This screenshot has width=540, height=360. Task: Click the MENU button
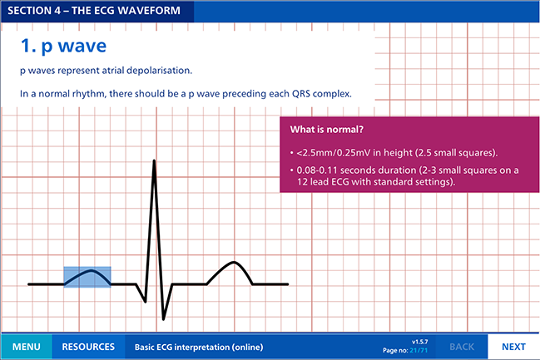point(27,347)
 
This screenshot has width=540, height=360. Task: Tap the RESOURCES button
point(88,347)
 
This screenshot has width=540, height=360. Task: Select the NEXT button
point(513,347)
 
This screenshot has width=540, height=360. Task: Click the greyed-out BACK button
point(462,347)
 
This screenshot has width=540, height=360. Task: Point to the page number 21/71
point(419,350)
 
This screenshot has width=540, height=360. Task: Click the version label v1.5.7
point(420,342)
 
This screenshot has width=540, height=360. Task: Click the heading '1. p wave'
point(64,46)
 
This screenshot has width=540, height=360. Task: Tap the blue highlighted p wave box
point(87,277)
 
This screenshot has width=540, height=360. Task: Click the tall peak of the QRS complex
point(154,160)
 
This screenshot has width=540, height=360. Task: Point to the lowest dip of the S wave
point(164,319)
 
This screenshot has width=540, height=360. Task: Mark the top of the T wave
point(234,262)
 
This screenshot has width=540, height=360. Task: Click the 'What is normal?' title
point(326,130)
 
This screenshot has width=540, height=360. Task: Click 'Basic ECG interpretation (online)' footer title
point(199,347)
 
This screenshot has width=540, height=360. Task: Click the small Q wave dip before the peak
point(146,302)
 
